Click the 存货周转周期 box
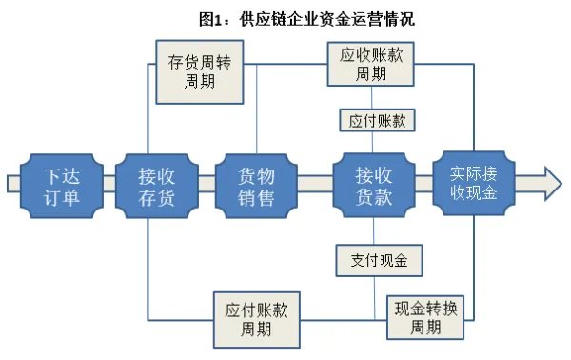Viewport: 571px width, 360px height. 200,70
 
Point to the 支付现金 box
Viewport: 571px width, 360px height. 378,258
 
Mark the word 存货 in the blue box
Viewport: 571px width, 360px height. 156,199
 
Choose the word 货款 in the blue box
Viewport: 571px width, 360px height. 373,199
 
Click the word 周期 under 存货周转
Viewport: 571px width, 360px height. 200,80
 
